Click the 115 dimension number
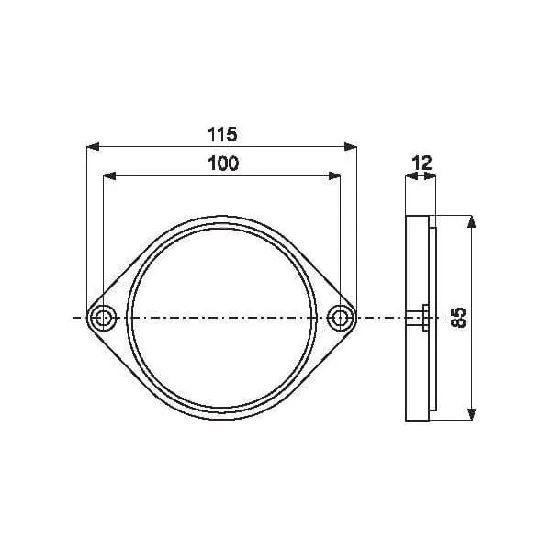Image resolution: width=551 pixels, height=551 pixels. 222,135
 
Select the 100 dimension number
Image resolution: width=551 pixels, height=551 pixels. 223,163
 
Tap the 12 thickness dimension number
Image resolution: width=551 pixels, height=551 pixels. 422,163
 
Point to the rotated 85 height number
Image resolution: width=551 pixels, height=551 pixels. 458,318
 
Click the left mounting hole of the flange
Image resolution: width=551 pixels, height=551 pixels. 103,318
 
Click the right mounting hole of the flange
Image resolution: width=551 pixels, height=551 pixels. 339,318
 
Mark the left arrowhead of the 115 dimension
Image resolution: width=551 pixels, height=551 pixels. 93,147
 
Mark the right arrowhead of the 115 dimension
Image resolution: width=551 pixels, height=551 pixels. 351,147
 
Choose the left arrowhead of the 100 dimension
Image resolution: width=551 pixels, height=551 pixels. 109,175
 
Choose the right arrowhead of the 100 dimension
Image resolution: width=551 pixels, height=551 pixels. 334,175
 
